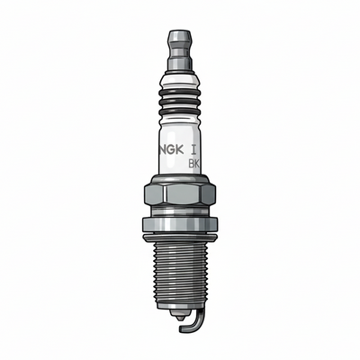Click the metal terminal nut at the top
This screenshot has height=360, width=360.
[179, 45]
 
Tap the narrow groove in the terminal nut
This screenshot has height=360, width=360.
[179, 55]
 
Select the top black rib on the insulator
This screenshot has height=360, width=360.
[179, 93]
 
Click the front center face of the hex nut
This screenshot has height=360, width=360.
[178, 193]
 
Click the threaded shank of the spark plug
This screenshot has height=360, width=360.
[179, 274]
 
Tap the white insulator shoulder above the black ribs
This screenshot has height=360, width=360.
[179, 79]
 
